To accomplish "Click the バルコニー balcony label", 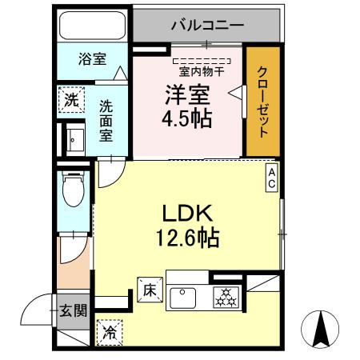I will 206,25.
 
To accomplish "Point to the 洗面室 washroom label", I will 106,119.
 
